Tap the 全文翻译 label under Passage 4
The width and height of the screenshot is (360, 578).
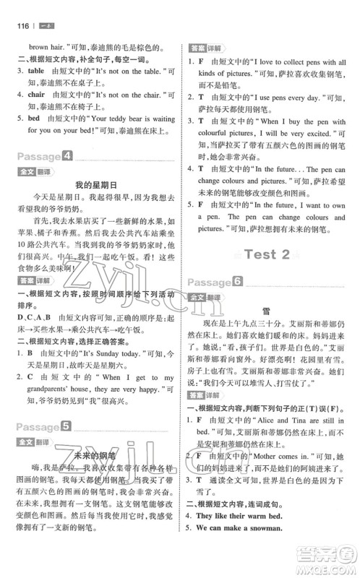pos(27,171)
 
